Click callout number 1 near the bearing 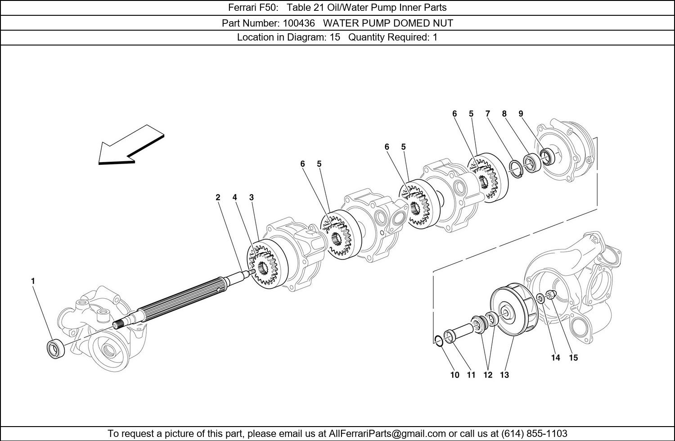(33, 281)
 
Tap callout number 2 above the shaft (218, 197)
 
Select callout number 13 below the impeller (504, 375)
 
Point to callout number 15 (573, 358)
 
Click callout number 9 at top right (521, 114)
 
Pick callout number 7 (487, 114)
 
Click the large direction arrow (131, 145)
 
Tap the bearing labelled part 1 (56, 349)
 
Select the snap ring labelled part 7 (516, 169)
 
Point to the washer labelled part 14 (540, 299)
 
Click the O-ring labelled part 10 (439, 341)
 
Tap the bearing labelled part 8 (531, 163)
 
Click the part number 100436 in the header (299, 23)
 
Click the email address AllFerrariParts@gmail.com (387, 433)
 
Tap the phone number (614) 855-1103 (534, 433)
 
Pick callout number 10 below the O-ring (454, 375)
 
